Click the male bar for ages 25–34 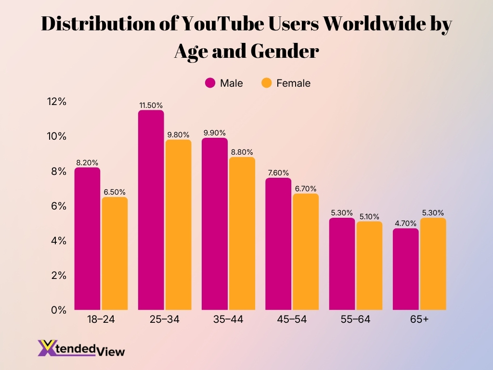[151, 210]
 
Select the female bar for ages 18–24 [115, 253]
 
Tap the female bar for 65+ [433, 264]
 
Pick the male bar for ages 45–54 [278, 244]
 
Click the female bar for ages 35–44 [242, 233]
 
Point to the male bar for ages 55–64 [342, 264]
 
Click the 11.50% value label [151, 105]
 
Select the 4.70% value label [405, 223]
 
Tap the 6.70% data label [306, 188]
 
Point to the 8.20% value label [88, 162]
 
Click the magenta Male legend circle [210, 83]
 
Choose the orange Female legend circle [266, 83]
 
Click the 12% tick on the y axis [56, 102]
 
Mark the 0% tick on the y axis [59, 310]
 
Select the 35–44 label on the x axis [228, 320]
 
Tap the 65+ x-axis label [419, 320]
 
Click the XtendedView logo [81, 348]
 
